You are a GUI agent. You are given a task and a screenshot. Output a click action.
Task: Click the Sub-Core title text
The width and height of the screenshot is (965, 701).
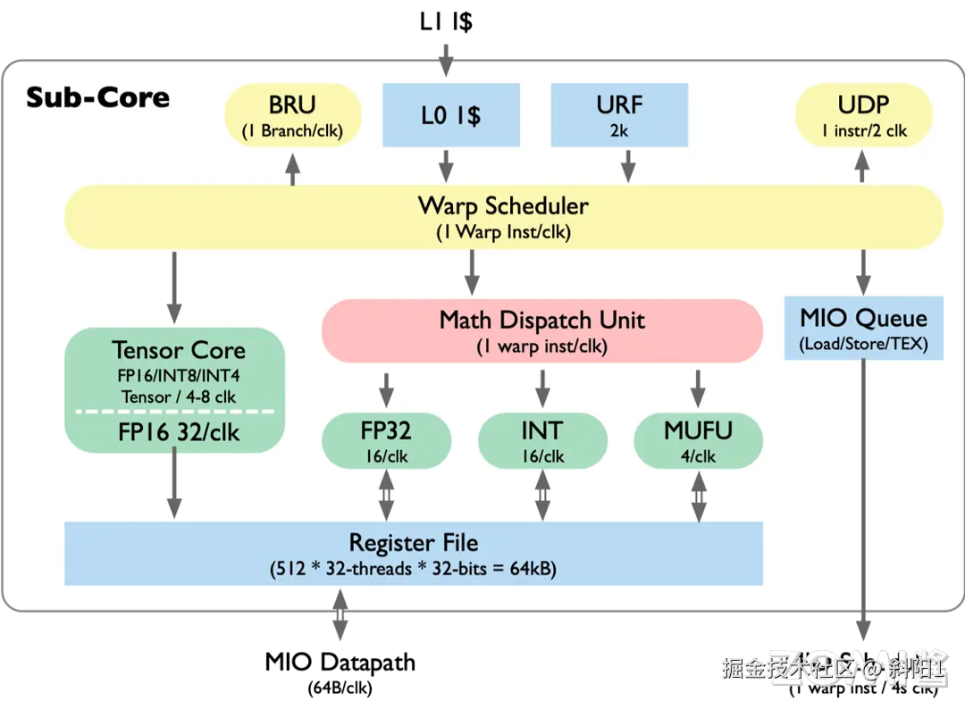click(x=97, y=96)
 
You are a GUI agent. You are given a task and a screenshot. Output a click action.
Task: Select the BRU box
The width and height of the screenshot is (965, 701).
click(x=292, y=115)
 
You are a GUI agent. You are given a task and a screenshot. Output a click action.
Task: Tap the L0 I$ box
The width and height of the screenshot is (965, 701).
click(x=451, y=115)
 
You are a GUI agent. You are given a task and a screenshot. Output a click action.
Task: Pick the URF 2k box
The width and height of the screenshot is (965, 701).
click(x=619, y=115)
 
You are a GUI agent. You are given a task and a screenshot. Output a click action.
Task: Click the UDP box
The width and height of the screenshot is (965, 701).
click(x=864, y=115)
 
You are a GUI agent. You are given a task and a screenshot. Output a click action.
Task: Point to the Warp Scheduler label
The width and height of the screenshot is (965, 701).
click(x=503, y=206)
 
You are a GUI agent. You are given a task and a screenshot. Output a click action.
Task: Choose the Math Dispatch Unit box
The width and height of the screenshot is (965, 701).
click(x=541, y=330)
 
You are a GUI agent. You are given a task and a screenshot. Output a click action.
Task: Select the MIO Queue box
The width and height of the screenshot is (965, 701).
click(x=863, y=329)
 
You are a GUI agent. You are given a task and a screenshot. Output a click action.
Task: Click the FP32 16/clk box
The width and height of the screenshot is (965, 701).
click(x=386, y=441)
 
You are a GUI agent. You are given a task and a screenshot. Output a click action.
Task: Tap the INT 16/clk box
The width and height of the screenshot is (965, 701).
click(x=542, y=441)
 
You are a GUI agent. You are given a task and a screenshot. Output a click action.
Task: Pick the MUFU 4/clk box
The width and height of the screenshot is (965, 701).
click(x=698, y=441)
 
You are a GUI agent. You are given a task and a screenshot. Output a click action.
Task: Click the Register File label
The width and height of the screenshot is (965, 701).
click(x=413, y=542)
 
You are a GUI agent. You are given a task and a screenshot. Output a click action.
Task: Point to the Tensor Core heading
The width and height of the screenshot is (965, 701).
click(x=178, y=350)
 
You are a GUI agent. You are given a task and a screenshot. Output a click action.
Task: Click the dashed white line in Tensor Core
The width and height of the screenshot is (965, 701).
click(x=175, y=411)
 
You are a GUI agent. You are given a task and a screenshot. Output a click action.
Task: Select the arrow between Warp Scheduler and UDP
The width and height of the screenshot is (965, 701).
click(x=863, y=167)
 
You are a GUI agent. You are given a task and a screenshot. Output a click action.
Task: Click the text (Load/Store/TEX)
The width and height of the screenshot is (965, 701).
click(x=863, y=344)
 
